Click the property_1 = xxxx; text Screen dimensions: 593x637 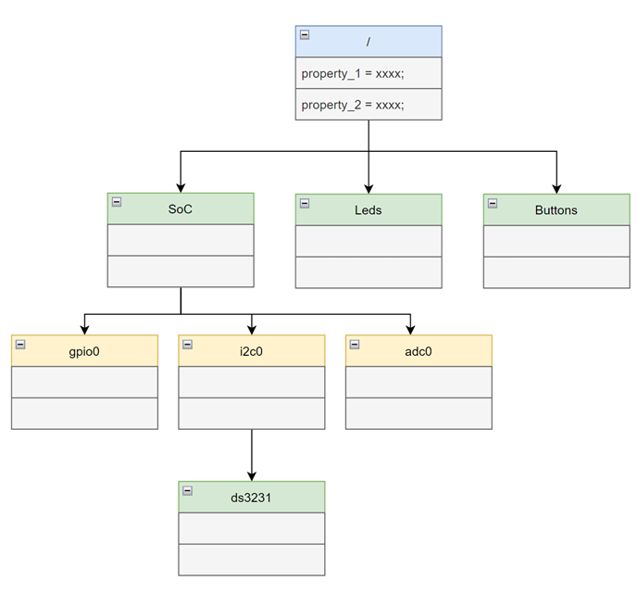pyautogui.click(x=352, y=72)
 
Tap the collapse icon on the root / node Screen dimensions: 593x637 pyautogui.click(x=306, y=36)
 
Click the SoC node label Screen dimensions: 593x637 pyautogui.click(x=180, y=209)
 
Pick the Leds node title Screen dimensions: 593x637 pyautogui.click(x=368, y=210)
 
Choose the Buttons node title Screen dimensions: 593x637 pyautogui.click(x=556, y=210)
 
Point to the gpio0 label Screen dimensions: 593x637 pyautogui.click(x=83, y=352)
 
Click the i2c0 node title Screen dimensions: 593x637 pyautogui.click(x=252, y=352)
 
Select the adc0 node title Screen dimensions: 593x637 pyautogui.click(x=418, y=352)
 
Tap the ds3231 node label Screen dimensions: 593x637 pyautogui.click(x=252, y=498)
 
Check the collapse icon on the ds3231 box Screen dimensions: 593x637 pyautogui.click(x=188, y=490)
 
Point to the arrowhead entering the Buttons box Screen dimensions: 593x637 pyautogui.click(x=556, y=188)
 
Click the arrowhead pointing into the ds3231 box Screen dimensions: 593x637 pyautogui.click(x=252, y=475)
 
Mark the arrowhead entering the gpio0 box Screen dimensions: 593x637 pyautogui.click(x=84, y=329)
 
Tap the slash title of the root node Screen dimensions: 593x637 pyautogui.click(x=368, y=43)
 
